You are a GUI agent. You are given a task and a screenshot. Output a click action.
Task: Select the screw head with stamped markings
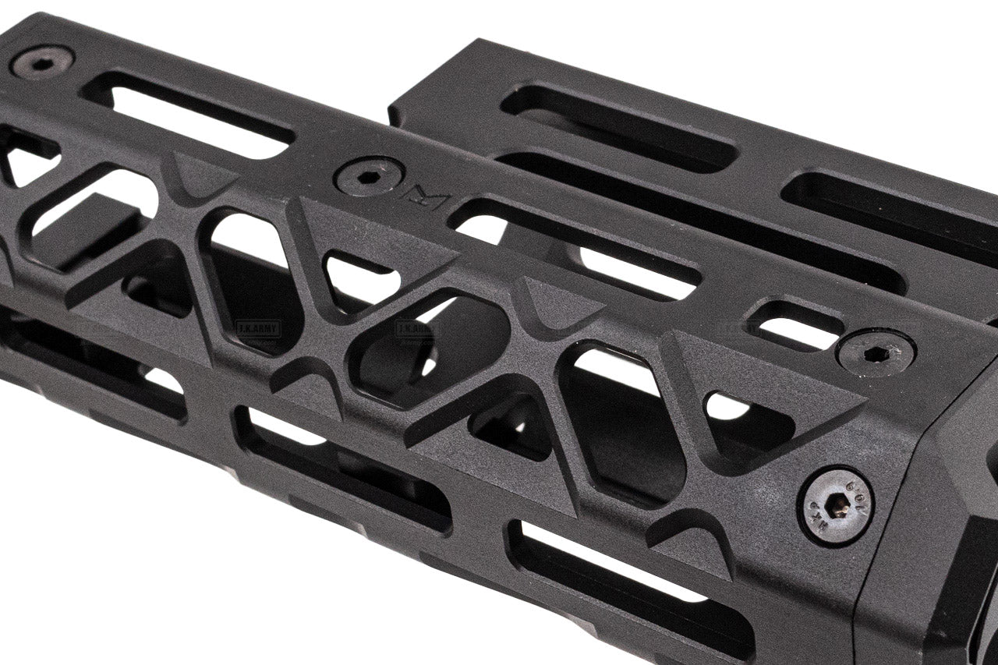click(x=835, y=506)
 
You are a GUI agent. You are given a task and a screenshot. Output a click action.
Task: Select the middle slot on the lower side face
click(x=343, y=468)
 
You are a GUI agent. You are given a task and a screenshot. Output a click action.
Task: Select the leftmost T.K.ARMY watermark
click(x=257, y=328)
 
